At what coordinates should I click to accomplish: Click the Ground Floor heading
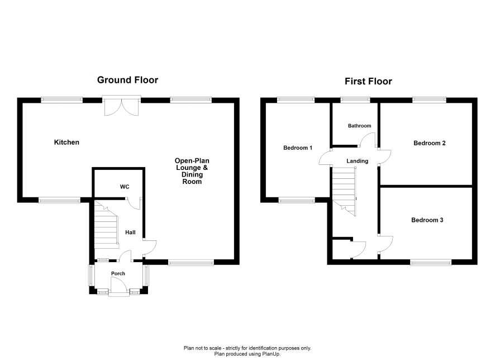[127, 80]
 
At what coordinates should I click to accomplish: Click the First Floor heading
[368, 81]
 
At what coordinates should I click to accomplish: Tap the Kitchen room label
[66, 142]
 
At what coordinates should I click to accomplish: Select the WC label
[125, 187]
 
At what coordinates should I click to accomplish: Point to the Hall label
[130, 233]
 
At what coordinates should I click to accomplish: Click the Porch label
[118, 273]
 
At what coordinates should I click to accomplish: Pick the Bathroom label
[360, 126]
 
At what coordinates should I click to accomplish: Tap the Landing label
[358, 161]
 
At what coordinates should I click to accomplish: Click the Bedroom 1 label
[298, 148]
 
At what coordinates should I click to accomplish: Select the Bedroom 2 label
[429, 143]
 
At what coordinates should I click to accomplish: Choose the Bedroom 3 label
[427, 220]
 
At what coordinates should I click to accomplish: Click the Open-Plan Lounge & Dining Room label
[192, 171]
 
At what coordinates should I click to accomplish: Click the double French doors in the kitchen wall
[122, 106]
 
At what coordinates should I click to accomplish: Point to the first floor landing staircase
[344, 191]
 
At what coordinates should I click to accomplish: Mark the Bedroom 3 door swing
[385, 244]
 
